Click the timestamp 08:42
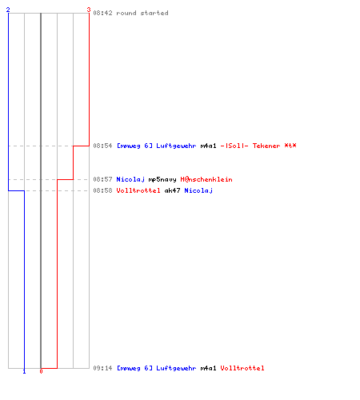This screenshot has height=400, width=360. [102, 13]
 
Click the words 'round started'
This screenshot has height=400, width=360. [142, 13]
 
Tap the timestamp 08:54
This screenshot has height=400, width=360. [102, 146]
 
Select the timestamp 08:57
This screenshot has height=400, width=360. [102, 179]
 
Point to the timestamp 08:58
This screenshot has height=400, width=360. [102, 190]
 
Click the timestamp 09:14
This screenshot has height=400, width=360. [102, 368]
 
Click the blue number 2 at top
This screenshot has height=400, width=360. [8, 10]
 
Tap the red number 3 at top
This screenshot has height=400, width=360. [89, 10]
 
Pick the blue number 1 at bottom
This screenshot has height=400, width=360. [24, 371]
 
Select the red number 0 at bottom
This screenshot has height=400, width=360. [41, 371]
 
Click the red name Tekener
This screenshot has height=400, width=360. [266, 146]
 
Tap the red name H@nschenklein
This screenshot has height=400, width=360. [206, 179]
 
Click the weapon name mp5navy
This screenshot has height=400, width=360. [162, 179]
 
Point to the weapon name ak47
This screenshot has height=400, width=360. [172, 190]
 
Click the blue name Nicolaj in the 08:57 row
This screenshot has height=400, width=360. [130, 179]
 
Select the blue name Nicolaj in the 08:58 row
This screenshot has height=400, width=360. [198, 190]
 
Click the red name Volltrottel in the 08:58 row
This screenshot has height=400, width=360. [138, 190]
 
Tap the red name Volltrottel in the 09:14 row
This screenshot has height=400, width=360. [242, 368]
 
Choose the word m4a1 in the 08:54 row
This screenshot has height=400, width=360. [208, 146]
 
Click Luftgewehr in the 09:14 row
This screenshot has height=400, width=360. [176, 368]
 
